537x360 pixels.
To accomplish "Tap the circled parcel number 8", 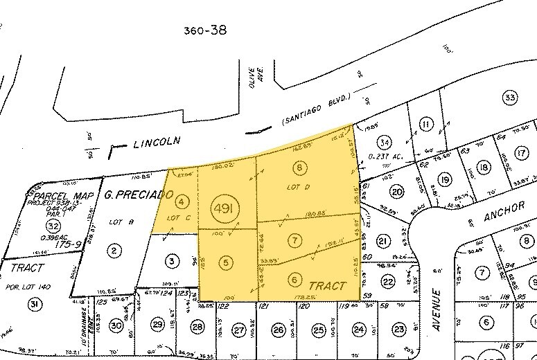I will point(299,168).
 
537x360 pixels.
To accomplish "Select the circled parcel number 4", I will point(182,202).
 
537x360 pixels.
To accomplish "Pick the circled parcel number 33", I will point(511,98).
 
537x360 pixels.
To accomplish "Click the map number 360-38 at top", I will point(205,30).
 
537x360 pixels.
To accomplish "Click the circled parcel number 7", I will point(296,240).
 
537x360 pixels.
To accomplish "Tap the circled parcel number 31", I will point(33,304).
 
